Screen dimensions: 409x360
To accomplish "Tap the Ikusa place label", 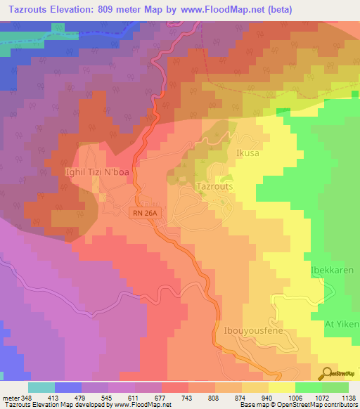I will (x=249, y=152).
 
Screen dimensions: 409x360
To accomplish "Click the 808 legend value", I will (x=215, y=397).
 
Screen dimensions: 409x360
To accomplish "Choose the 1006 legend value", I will (x=295, y=397).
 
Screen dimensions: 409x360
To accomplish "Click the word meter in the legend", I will (x=10, y=397).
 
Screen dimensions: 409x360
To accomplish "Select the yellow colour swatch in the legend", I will (x=281, y=387).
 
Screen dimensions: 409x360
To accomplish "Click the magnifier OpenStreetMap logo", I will (x=327, y=373).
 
